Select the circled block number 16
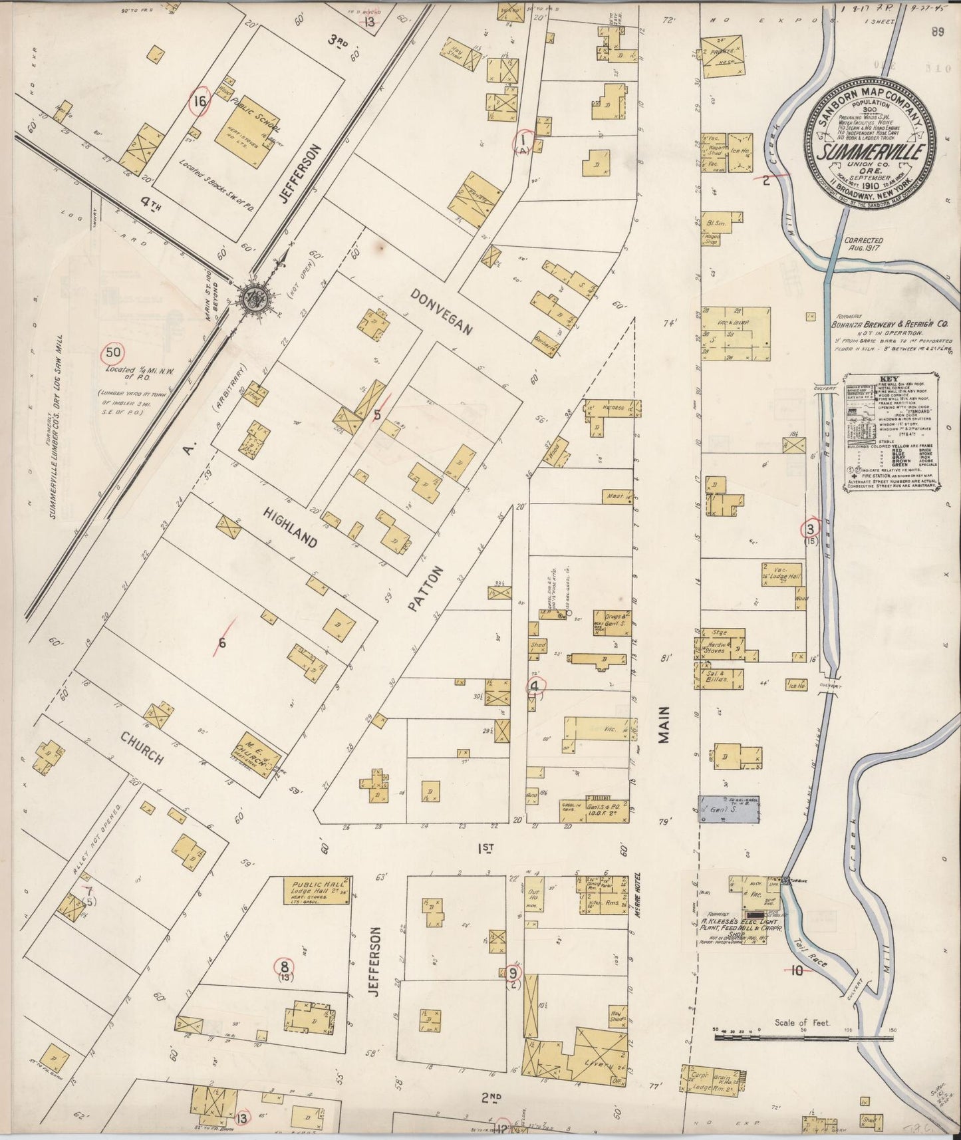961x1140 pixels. (199, 102)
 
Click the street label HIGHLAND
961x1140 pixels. (290, 527)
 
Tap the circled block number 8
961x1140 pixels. (284, 966)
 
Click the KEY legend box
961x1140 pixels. (892, 432)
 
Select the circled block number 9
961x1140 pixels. (513, 974)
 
